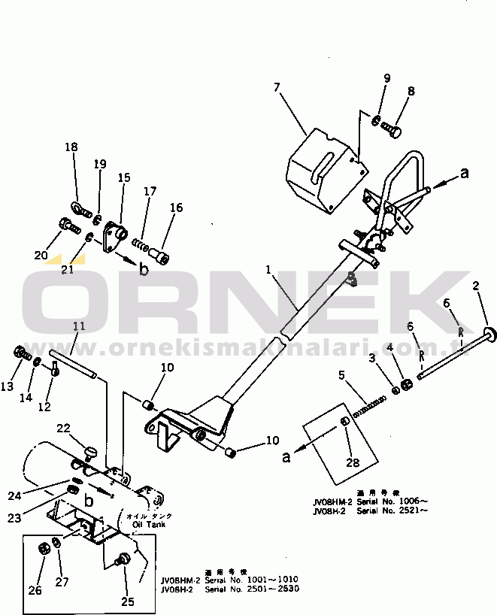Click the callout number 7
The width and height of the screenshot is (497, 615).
click(x=277, y=87)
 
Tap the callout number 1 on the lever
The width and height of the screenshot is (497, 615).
click(x=267, y=268)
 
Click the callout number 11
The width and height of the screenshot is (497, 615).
click(x=79, y=326)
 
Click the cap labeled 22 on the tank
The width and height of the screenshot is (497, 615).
click(x=92, y=452)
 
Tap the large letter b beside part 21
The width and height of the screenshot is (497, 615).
click(x=143, y=269)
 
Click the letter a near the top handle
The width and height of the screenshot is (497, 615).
click(x=463, y=173)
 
